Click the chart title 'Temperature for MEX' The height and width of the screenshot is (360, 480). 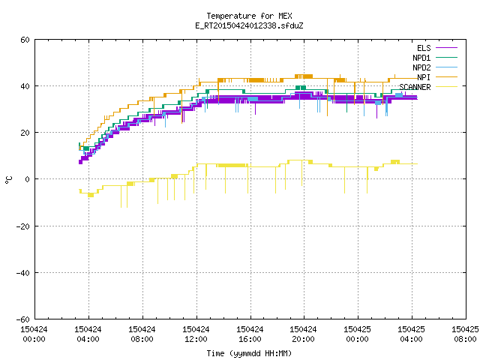[x=249, y=16]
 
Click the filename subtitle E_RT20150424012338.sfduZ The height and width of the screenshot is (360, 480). [x=249, y=25]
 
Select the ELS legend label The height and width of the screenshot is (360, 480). [x=424, y=48]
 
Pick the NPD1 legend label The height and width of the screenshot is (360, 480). [x=421, y=58]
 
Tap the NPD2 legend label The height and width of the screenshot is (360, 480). [x=421, y=67]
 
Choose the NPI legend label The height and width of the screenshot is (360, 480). [x=424, y=77]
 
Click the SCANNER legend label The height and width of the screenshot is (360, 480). [x=415, y=87]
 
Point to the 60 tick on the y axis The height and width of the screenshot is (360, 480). [x=25, y=40]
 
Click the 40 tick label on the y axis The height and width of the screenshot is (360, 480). [x=25, y=86]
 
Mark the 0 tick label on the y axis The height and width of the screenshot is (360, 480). [x=28, y=179]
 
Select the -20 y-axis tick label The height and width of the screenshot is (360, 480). [x=23, y=226]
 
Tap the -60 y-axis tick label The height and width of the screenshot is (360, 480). [x=23, y=319]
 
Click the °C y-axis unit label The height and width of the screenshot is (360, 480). [x=8, y=180]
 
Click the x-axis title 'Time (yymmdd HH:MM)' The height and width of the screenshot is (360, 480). [x=249, y=353]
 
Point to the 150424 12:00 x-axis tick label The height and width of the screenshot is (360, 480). [x=196, y=334]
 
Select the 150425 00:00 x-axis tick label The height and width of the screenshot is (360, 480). [x=357, y=334]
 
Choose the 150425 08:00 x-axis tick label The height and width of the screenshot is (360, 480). [x=465, y=334]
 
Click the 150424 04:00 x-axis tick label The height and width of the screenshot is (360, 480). [x=88, y=334]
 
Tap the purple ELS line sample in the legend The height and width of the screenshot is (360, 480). [x=446, y=48]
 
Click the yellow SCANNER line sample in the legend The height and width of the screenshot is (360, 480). [x=446, y=87]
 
